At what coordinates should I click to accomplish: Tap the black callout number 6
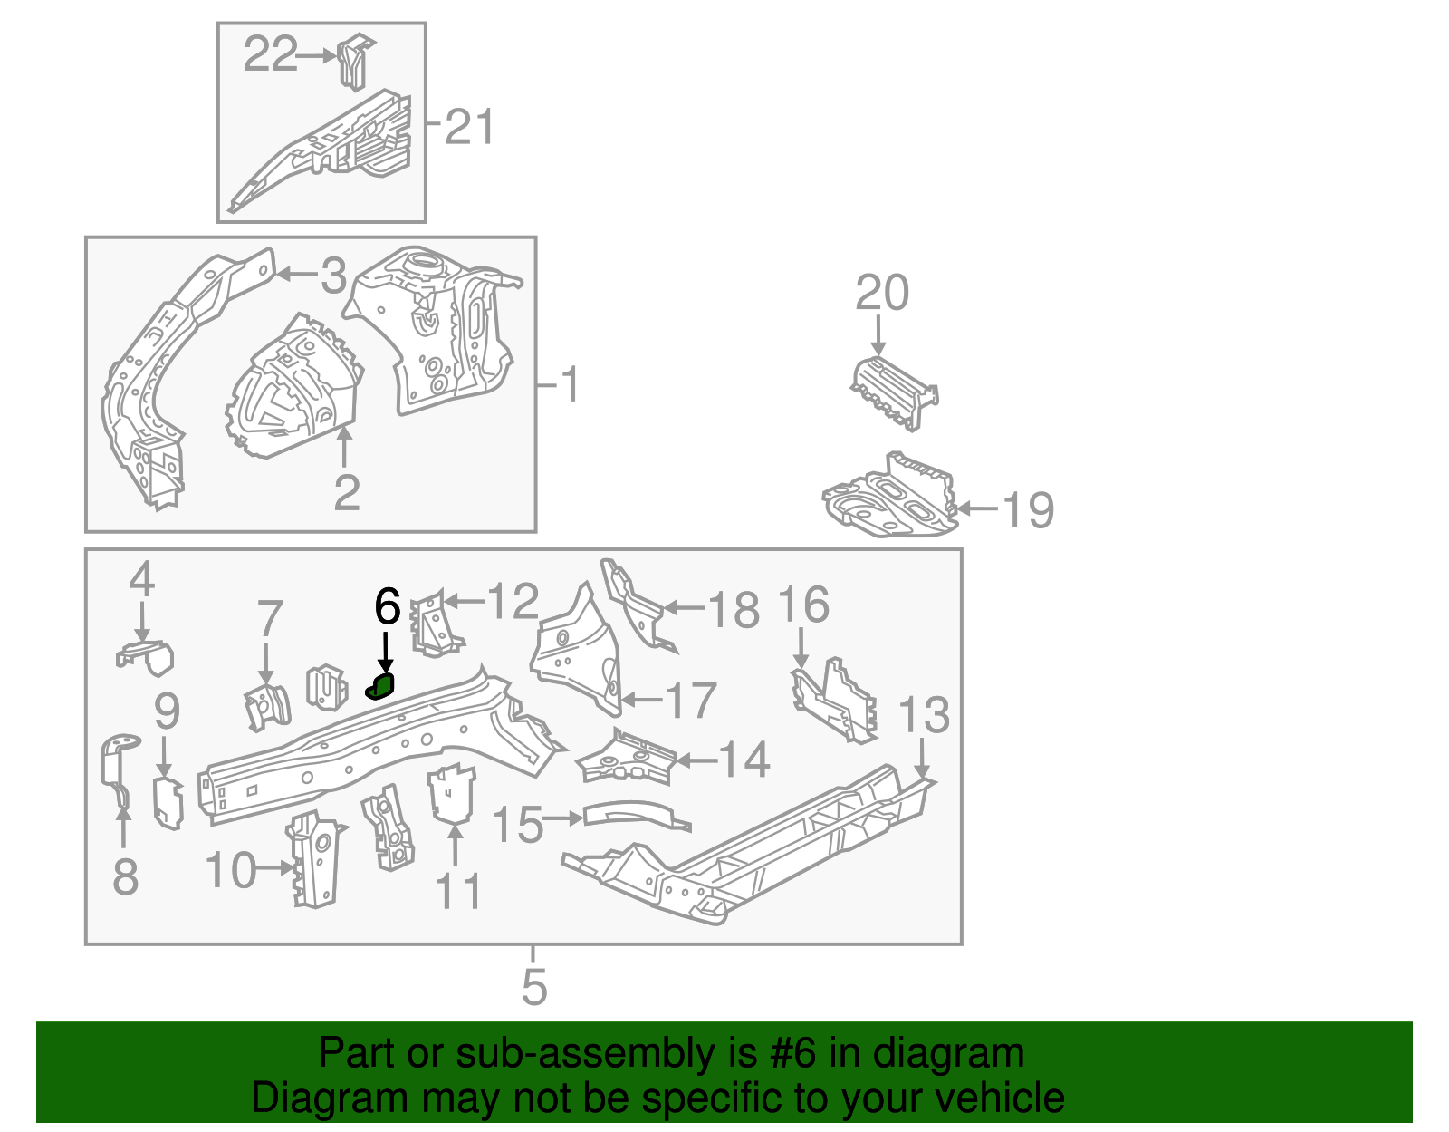point(387,606)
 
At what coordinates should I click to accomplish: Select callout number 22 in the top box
point(270,55)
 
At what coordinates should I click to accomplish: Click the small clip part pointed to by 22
point(354,62)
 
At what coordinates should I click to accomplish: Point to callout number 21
point(471,127)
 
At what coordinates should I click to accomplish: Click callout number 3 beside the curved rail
point(334,275)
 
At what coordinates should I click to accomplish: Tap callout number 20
point(882,293)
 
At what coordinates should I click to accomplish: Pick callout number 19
point(1029,509)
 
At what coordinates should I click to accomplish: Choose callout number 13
point(924,715)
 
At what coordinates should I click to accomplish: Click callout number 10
point(231,870)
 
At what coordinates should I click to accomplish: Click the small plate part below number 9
point(168,802)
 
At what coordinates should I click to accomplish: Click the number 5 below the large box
point(534,986)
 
